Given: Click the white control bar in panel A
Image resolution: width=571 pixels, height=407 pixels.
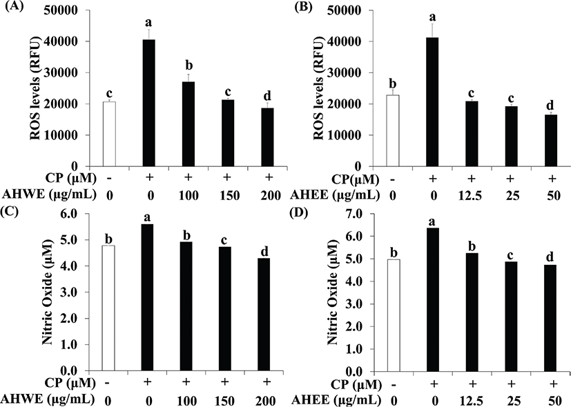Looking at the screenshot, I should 108,134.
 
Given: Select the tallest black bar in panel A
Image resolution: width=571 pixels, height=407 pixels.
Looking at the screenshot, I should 148,103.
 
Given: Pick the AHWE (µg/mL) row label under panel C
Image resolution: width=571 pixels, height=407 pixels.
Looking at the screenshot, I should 42,399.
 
